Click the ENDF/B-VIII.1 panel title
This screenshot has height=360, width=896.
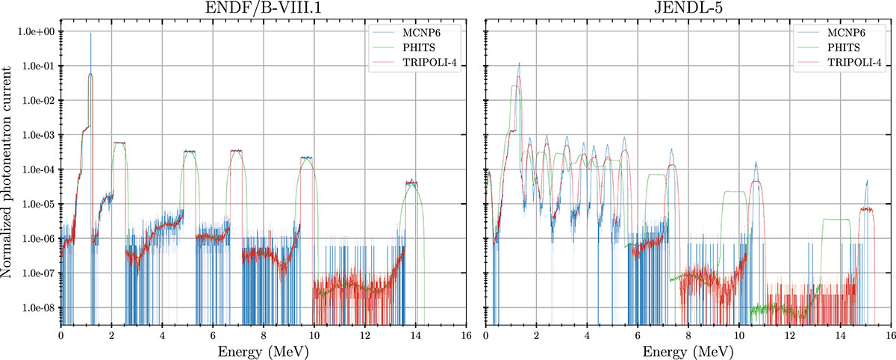(x=263, y=9)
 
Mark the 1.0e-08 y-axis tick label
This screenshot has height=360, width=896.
(x=37, y=308)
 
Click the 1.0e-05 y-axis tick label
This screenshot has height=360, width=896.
(x=37, y=204)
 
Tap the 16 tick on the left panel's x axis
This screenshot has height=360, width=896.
(x=466, y=333)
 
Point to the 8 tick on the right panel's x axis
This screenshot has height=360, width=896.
(x=688, y=333)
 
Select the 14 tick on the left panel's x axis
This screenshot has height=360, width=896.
(x=415, y=333)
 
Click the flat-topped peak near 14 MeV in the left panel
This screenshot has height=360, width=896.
(x=411, y=182)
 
